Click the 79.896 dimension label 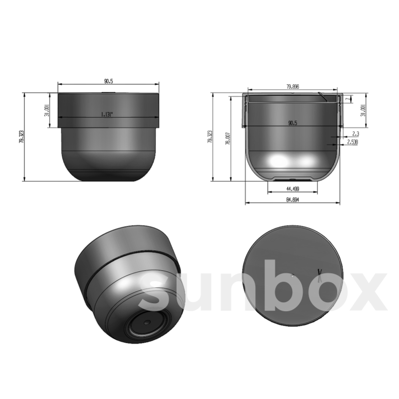pyautogui.click(x=293, y=87)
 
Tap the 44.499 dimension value pyautogui.click(x=293, y=189)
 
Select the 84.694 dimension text pyautogui.click(x=293, y=200)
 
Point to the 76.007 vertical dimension pyautogui.click(x=228, y=138)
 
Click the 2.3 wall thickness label pyautogui.click(x=355, y=134)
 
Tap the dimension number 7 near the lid pyautogui.click(x=348, y=99)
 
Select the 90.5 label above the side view pyautogui.click(x=108, y=81)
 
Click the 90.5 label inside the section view pyautogui.click(x=293, y=123)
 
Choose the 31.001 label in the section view pyautogui.click(x=363, y=110)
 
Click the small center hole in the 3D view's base pyautogui.click(x=146, y=323)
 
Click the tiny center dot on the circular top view pyautogui.click(x=292, y=275)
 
